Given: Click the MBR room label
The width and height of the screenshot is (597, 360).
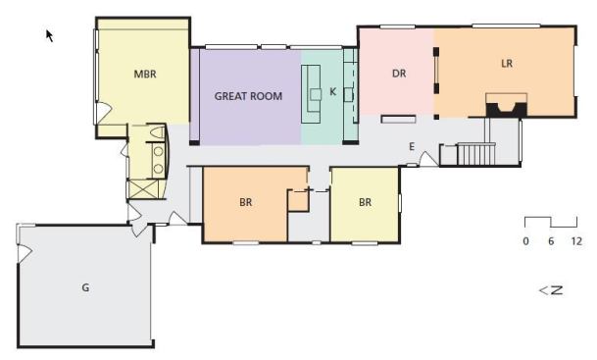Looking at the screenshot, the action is [x=145, y=74].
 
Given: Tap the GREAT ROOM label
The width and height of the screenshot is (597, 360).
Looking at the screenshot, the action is [x=248, y=96].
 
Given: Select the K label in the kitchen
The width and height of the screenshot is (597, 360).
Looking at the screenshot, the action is [x=332, y=92].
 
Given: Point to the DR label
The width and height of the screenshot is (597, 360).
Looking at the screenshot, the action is [x=399, y=74].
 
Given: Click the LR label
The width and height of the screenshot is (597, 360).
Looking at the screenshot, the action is [x=507, y=63].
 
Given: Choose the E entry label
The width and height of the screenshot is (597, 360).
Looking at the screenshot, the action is [x=412, y=147].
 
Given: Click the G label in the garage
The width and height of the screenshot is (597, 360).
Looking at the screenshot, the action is [x=85, y=287].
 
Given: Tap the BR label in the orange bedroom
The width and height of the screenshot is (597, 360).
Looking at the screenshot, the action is [x=246, y=202].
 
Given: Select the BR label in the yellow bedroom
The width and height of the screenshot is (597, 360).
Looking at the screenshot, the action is [x=365, y=202].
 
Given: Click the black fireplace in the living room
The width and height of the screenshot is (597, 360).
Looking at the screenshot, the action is [x=507, y=109].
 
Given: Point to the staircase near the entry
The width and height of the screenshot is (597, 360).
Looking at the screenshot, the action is [x=475, y=154].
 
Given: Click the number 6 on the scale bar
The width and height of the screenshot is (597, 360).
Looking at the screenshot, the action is [x=551, y=241].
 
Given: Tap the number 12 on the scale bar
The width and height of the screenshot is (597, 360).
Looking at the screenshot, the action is [x=576, y=241].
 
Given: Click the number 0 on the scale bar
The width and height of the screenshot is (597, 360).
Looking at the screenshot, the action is [x=525, y=241].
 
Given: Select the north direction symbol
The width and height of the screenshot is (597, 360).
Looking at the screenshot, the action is [x=551, y=290].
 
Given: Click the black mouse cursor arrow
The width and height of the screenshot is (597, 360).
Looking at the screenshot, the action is [x=49, y=35].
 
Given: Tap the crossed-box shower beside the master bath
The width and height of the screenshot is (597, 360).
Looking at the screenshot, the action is [x=144, y=189].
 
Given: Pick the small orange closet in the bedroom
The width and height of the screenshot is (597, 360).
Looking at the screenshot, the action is [x=297, y=201].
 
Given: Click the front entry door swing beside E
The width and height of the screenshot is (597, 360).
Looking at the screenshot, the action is [x=428, y=159].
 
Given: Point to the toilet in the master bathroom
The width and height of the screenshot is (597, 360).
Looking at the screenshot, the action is [x=156, y=132].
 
